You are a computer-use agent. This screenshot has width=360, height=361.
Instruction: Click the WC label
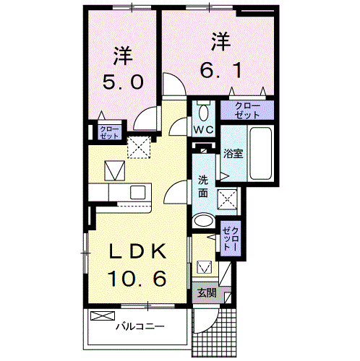click(202, 131)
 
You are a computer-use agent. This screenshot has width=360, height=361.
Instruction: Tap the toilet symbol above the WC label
click(202, 112)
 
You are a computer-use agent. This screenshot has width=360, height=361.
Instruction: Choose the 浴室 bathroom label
click(233, 153)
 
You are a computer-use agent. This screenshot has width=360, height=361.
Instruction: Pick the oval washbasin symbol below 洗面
click(204, 221)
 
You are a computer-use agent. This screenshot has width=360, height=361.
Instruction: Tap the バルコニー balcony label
click(140, 326)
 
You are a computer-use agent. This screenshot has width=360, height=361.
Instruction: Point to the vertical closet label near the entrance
click(230, 236)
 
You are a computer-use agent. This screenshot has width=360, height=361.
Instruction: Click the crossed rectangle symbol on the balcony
click(102, 316)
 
